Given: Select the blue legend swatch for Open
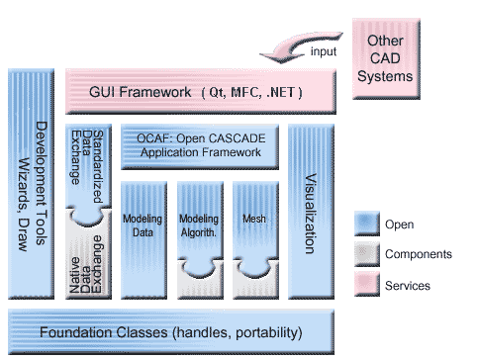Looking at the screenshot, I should click(367, 223).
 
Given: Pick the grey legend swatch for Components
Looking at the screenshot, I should click(367, 254).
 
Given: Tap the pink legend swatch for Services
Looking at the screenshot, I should click(367, 285).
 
